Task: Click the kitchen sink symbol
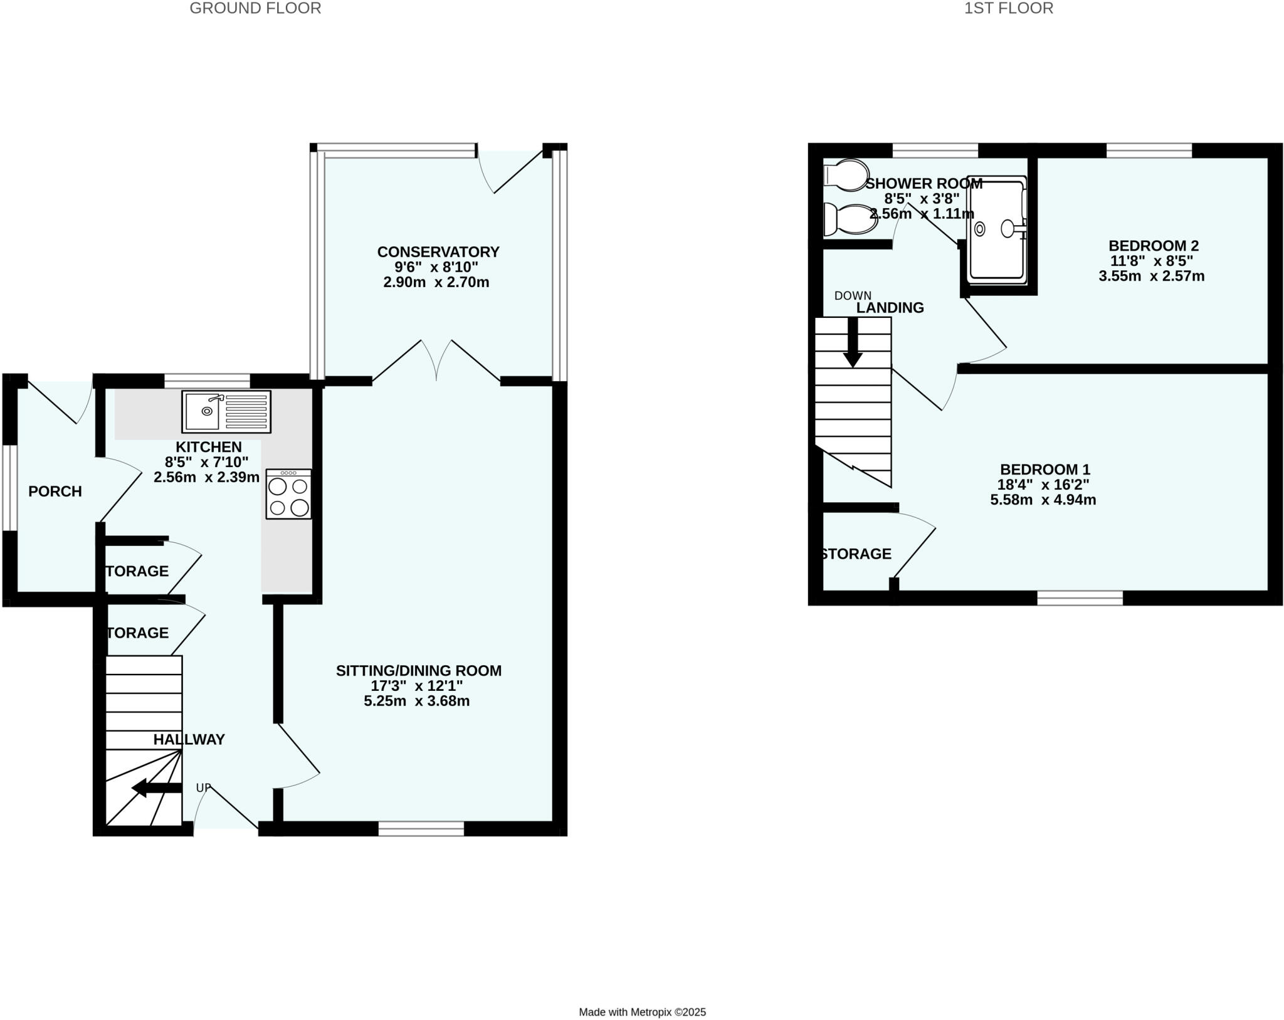click(226, 411)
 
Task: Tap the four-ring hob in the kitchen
click(288, 493)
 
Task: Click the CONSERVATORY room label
click(438, 252)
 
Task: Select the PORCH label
click(55, 492)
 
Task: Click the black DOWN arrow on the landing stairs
click(853, 342)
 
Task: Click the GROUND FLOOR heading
click(255, 8)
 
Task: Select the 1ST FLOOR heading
click(1009, 8)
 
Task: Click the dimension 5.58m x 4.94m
click(1043, 500)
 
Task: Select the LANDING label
click(890, 308)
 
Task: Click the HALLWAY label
click(189, 740)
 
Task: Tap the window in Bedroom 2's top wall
click(1149, 150)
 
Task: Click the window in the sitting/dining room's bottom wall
click(421, 829)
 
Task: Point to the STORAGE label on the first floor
click(856, 554)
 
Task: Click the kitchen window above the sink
click(207, 381)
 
